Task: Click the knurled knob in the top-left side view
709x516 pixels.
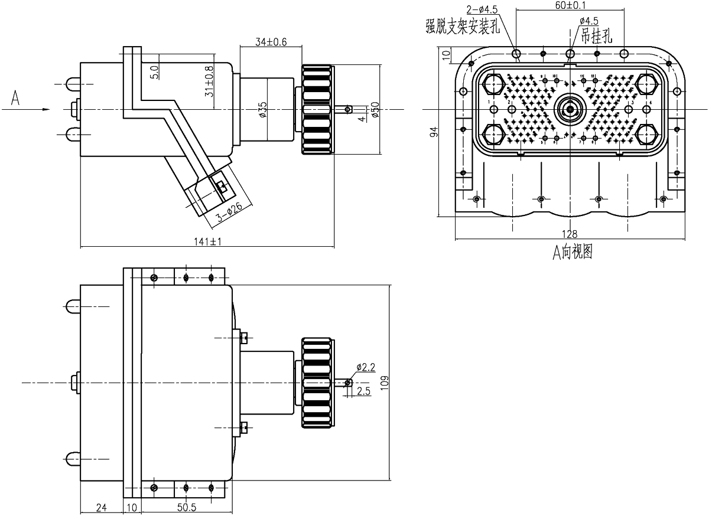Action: point(317,110)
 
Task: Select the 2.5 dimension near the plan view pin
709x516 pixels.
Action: point(364,391)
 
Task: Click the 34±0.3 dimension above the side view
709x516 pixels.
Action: point(271,41)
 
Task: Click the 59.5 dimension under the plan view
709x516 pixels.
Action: point(186,505)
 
